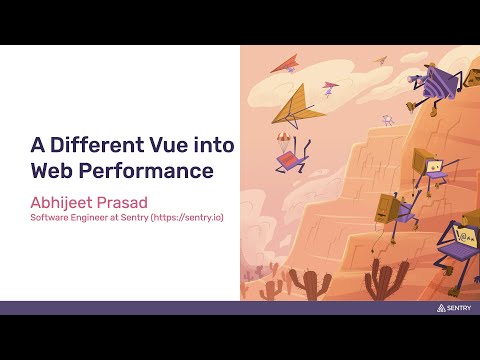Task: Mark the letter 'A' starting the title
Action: click(37, 145)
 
